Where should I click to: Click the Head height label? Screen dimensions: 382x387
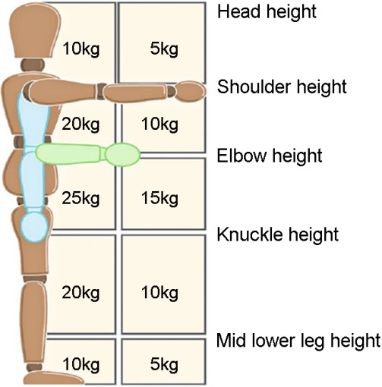(267, 11)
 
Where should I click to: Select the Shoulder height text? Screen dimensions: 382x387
(282, 87)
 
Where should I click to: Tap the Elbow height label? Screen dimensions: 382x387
(270, 156)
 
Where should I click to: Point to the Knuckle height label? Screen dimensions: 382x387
(278, 234)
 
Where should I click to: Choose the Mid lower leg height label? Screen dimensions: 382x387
(298, 341)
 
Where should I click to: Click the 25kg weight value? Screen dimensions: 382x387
(81, 198)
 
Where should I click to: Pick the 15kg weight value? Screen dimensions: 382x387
(159, 198)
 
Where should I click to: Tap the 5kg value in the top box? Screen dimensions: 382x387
(164, 49)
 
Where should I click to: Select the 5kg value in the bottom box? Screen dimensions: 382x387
(164, 365)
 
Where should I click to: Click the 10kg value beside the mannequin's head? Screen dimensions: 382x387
(81, 49)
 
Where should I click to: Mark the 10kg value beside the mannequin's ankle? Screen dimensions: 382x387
(81, 365)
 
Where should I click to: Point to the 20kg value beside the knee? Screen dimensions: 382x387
(81, 293)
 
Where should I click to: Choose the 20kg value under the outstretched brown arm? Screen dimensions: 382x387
(81, 124)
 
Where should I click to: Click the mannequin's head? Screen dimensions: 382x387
(35, 31)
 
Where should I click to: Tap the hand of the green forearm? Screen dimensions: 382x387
(123, 155)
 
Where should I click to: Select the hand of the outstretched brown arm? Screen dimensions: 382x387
(191, 90)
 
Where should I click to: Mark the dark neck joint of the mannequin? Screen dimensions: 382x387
(33, 65)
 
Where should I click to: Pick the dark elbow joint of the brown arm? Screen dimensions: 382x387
(101, 90)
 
